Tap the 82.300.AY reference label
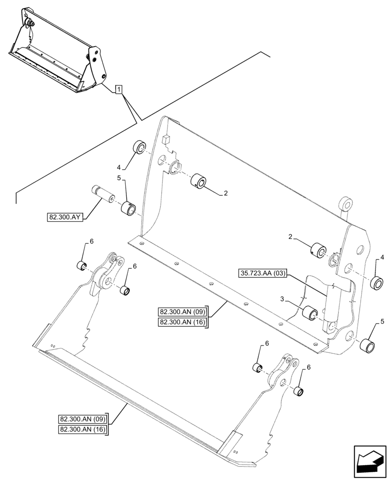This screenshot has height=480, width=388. pos(66,217)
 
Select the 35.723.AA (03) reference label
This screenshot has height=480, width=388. pos(263,274)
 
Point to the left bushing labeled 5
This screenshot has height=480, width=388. pos(128,209)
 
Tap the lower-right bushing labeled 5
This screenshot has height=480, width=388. pos(368,345)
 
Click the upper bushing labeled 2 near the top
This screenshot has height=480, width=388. pos(198,181)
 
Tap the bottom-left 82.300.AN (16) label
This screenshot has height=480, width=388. pos(83,429)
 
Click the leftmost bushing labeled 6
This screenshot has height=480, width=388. pos(82,265)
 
